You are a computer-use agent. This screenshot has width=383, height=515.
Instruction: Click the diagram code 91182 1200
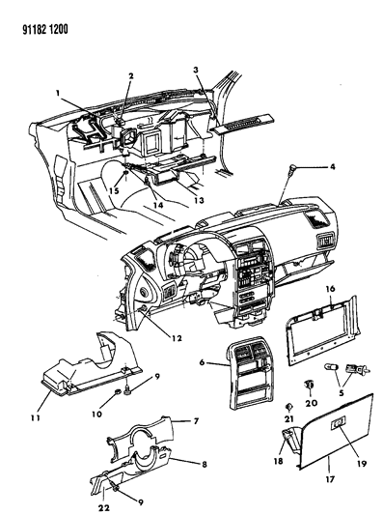point(45,30)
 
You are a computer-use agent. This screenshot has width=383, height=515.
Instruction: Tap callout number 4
point(333,167)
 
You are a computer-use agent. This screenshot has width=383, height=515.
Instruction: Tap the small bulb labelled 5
point(330,367)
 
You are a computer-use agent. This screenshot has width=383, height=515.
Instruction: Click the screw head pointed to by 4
point(291,169)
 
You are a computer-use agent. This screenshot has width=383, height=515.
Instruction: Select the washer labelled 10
point(118,392)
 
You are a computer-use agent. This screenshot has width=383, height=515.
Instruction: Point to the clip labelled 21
point(288,407)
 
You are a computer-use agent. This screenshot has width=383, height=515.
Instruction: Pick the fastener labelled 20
point(309,384)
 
